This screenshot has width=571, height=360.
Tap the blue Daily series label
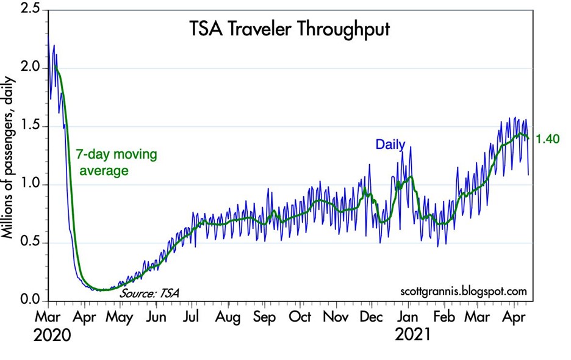[390, 145]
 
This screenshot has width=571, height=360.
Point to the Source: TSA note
[150, 294]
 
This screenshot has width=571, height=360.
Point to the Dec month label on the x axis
[372, 317]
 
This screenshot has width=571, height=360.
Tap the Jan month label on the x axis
[408, 317]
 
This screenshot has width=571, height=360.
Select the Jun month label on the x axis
[157, 317]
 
